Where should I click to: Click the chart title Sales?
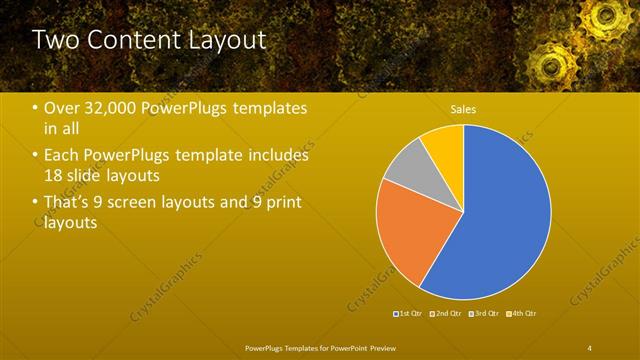(463, 109)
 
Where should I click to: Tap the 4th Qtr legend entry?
(523, 314)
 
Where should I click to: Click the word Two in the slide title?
(58, 40)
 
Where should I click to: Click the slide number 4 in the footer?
(589, 347)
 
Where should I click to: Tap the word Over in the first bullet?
(62, 108)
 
